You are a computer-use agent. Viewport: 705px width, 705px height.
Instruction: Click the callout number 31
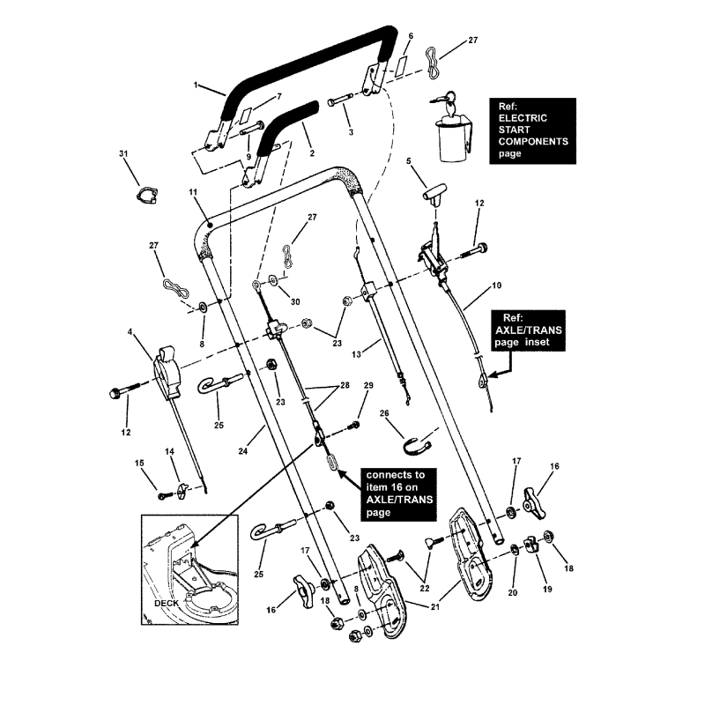123,154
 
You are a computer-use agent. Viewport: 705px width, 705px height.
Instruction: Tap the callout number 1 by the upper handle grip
195,86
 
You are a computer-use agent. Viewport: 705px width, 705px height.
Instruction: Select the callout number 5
409,162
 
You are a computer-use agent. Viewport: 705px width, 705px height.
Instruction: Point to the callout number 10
496,286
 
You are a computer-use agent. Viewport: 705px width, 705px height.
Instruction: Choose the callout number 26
384,412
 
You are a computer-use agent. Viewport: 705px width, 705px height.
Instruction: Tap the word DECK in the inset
167,605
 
